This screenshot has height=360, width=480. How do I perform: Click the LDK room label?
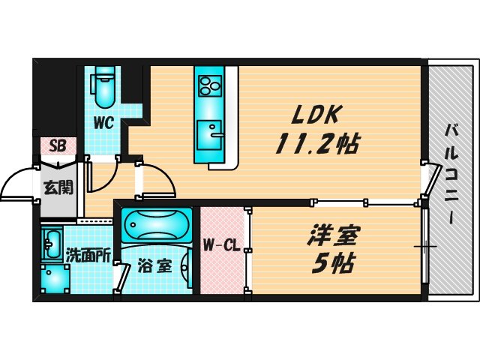tap(315, 115)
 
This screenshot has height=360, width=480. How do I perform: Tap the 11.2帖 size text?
tap(317, 143)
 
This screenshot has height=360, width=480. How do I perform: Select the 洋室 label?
tap(332, 235)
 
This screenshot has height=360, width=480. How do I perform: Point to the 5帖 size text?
tap(333, 263)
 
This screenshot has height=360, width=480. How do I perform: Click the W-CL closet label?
tap(222, 245)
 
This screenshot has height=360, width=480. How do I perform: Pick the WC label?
tap(103, 123)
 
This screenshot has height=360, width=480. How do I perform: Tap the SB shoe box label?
tap(58, 146)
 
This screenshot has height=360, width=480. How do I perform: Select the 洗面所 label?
tap(88, 256)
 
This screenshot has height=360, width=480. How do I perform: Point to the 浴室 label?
tap(154, 265)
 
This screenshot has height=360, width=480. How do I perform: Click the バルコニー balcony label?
tap(451, 173)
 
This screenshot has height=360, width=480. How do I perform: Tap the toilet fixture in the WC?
tap(104, 87)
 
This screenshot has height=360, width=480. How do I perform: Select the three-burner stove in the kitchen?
tap(209, 86)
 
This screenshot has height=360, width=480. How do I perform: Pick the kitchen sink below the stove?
tap(209, 135)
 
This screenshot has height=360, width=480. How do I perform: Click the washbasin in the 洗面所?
tap(52, 244)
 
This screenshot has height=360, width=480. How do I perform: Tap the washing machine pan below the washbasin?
tap(55, 279)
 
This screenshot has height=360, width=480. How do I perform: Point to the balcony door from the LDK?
tap(432, 180)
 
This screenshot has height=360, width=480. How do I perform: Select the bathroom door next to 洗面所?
tap(121, 277)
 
